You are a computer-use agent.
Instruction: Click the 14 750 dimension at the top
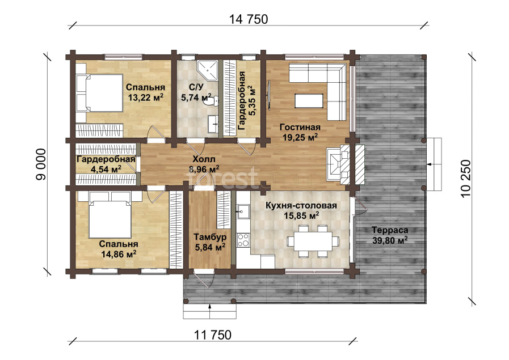click(x=249, y=19)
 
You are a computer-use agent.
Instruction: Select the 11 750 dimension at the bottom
click(x=213, y=334)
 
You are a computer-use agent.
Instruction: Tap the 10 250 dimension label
click(x=465, y=178)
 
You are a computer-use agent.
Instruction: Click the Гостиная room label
click(x=300, y=127)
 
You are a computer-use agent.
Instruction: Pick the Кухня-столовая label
click(x=301, y=206)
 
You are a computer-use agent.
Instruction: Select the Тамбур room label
click(x=210, y=238)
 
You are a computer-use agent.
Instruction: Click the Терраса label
click(x=389, y=230)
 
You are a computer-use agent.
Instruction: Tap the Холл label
click(x=204, y=159)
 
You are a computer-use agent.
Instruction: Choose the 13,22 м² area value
click(x=145, y=98)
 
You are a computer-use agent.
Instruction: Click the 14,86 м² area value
click(x=118, y=254)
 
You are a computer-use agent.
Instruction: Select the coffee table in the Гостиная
click(x=309, y=100)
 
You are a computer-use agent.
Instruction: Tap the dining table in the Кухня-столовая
click(x=313, y=240)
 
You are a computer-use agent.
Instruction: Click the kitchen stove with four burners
click(x=243, y=240)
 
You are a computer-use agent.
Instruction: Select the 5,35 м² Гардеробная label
click(x=247, y=101)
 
